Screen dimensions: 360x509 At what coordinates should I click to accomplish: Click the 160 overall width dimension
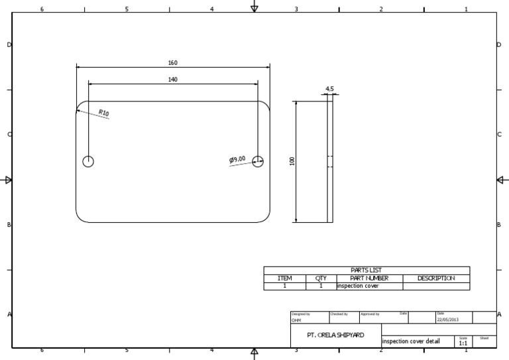[172, 63]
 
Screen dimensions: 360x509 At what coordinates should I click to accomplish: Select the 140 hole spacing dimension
[172, 80]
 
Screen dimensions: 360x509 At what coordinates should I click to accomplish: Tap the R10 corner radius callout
[103, 113]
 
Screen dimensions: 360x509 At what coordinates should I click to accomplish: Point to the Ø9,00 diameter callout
[237, 159]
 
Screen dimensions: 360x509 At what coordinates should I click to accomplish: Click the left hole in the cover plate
[88, 161]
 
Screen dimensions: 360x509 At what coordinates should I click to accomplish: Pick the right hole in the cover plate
[258, 161]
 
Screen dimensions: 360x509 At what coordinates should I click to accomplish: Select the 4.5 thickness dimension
[329, 88]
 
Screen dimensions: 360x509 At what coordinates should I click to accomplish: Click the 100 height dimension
[292, 161]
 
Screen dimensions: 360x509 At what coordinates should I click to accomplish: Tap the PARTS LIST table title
[366, 270]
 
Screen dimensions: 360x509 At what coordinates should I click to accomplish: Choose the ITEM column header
[284, 278]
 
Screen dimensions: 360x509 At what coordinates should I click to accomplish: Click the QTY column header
[321, 278]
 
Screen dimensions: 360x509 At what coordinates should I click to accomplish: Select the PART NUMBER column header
[369, 278]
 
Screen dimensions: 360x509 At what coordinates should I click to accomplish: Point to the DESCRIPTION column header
[435, 278]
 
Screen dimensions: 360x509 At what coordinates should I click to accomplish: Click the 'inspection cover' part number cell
[358, 286]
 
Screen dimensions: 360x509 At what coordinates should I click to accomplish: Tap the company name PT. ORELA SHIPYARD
[336, 335]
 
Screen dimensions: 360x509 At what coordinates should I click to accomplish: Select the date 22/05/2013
[447, 320]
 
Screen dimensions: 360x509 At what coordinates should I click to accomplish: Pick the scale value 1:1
[463, 343]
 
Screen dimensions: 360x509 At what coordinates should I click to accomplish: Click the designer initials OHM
[296, 320]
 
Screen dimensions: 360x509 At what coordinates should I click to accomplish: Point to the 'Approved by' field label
[370, 314]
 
